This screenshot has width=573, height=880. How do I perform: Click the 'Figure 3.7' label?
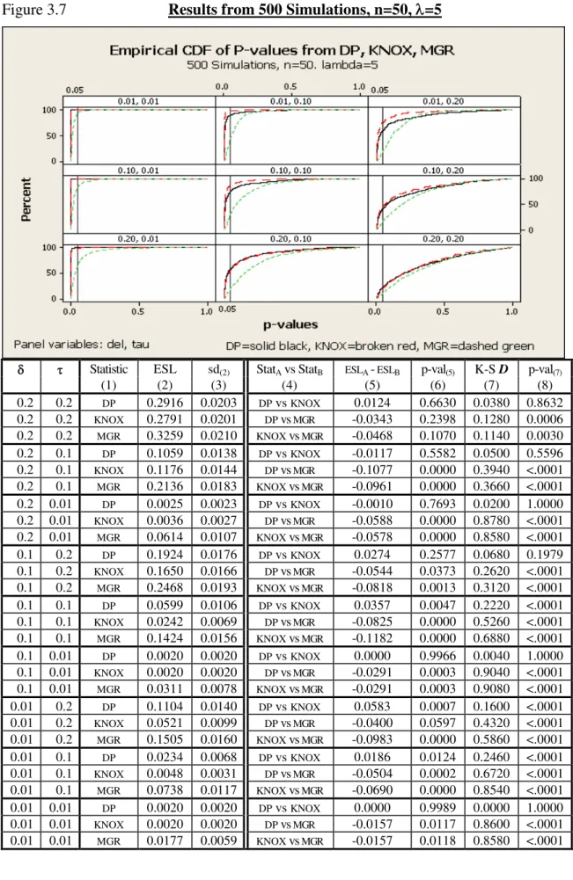pos(34,10)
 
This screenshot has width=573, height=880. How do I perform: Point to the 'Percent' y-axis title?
pos(26,200)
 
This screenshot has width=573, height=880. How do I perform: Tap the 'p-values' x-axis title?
pos(290,324)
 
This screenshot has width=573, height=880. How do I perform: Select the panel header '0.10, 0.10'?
pos(290,170)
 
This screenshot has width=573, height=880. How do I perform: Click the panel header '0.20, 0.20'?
pos(444,238)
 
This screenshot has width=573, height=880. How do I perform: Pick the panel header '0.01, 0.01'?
pos(137,101)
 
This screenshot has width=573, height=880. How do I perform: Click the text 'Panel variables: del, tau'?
pos(82,344)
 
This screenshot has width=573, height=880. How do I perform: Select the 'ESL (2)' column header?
pos(165,376)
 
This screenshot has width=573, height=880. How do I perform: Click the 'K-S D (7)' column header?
pos(491,376)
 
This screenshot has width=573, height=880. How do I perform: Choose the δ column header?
pos(21,369)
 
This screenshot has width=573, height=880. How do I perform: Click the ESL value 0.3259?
pos(165,435)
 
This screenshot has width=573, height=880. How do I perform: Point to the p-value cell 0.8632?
pos(544,403)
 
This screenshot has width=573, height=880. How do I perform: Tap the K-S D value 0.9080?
pos(491,688)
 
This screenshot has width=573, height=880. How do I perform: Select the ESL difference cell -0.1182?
pos(372,638)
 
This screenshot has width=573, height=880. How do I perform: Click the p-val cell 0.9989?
pos(437,808)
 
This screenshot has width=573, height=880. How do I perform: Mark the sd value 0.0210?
pos(218,435)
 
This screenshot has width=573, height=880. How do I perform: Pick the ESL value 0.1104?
pos(165,706)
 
